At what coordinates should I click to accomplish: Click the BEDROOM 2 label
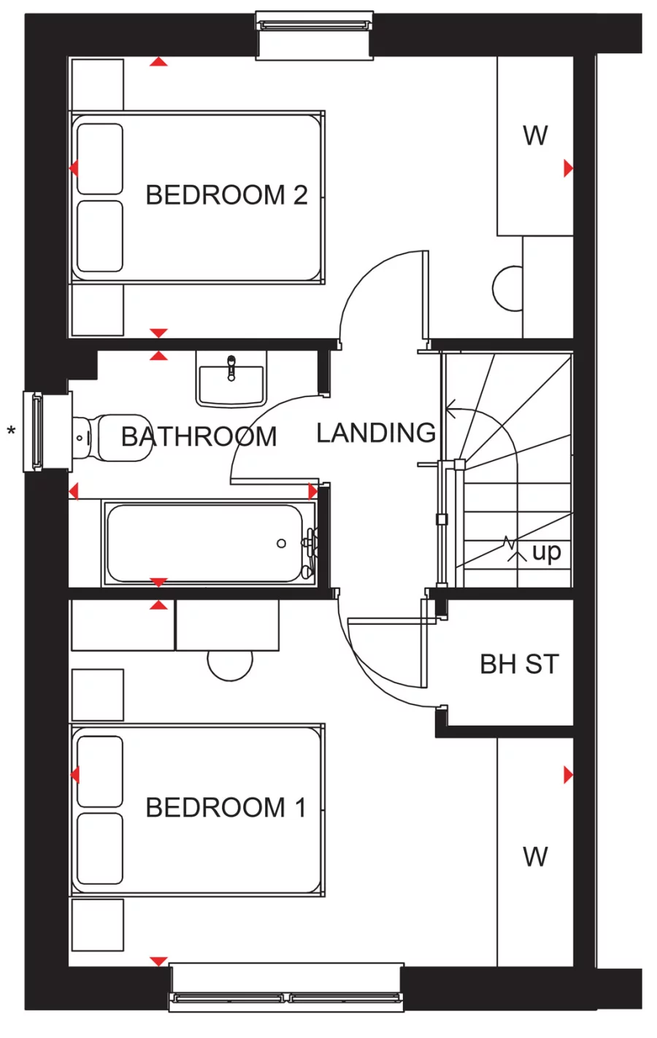pos(226,195)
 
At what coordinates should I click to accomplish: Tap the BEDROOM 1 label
pos(226,807)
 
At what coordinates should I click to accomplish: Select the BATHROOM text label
pos(199,437)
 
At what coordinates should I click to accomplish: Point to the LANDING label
pos(376,433)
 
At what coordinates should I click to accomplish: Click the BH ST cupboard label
pos(519,664)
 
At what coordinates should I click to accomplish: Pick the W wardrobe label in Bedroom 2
pos(535,136)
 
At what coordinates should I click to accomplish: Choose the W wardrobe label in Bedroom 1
pos(535,856)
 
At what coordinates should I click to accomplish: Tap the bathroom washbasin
pos(231,378)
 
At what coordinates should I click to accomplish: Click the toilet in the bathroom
pos(113,437)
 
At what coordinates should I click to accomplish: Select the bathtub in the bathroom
pos(204,543)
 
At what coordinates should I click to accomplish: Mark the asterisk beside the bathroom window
pos(11,431)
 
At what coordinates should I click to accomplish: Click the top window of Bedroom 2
pos(314,25)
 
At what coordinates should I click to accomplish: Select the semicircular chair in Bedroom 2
pos(509,288)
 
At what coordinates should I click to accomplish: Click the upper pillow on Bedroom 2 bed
pos(100,158)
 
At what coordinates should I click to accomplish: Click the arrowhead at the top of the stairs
pos(450,412)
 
